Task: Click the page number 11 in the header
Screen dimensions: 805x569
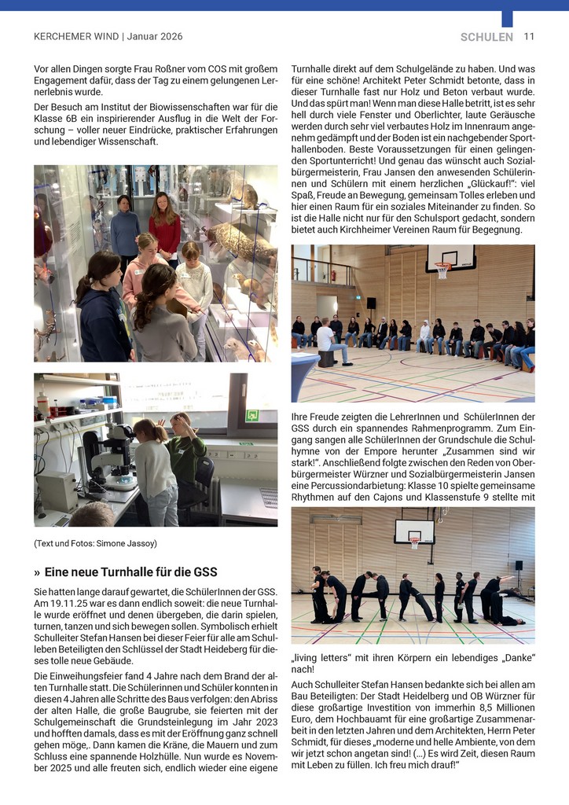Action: coord(529,36)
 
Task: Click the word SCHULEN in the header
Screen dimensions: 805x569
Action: coord(486,37)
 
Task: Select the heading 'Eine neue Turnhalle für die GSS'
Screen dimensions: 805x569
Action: coord(130,572)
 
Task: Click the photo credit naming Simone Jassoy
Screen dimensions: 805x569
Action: coord(95,543)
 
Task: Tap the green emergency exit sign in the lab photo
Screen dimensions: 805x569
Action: coord(251,415)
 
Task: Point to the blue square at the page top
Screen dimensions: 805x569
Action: coord(507,19)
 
